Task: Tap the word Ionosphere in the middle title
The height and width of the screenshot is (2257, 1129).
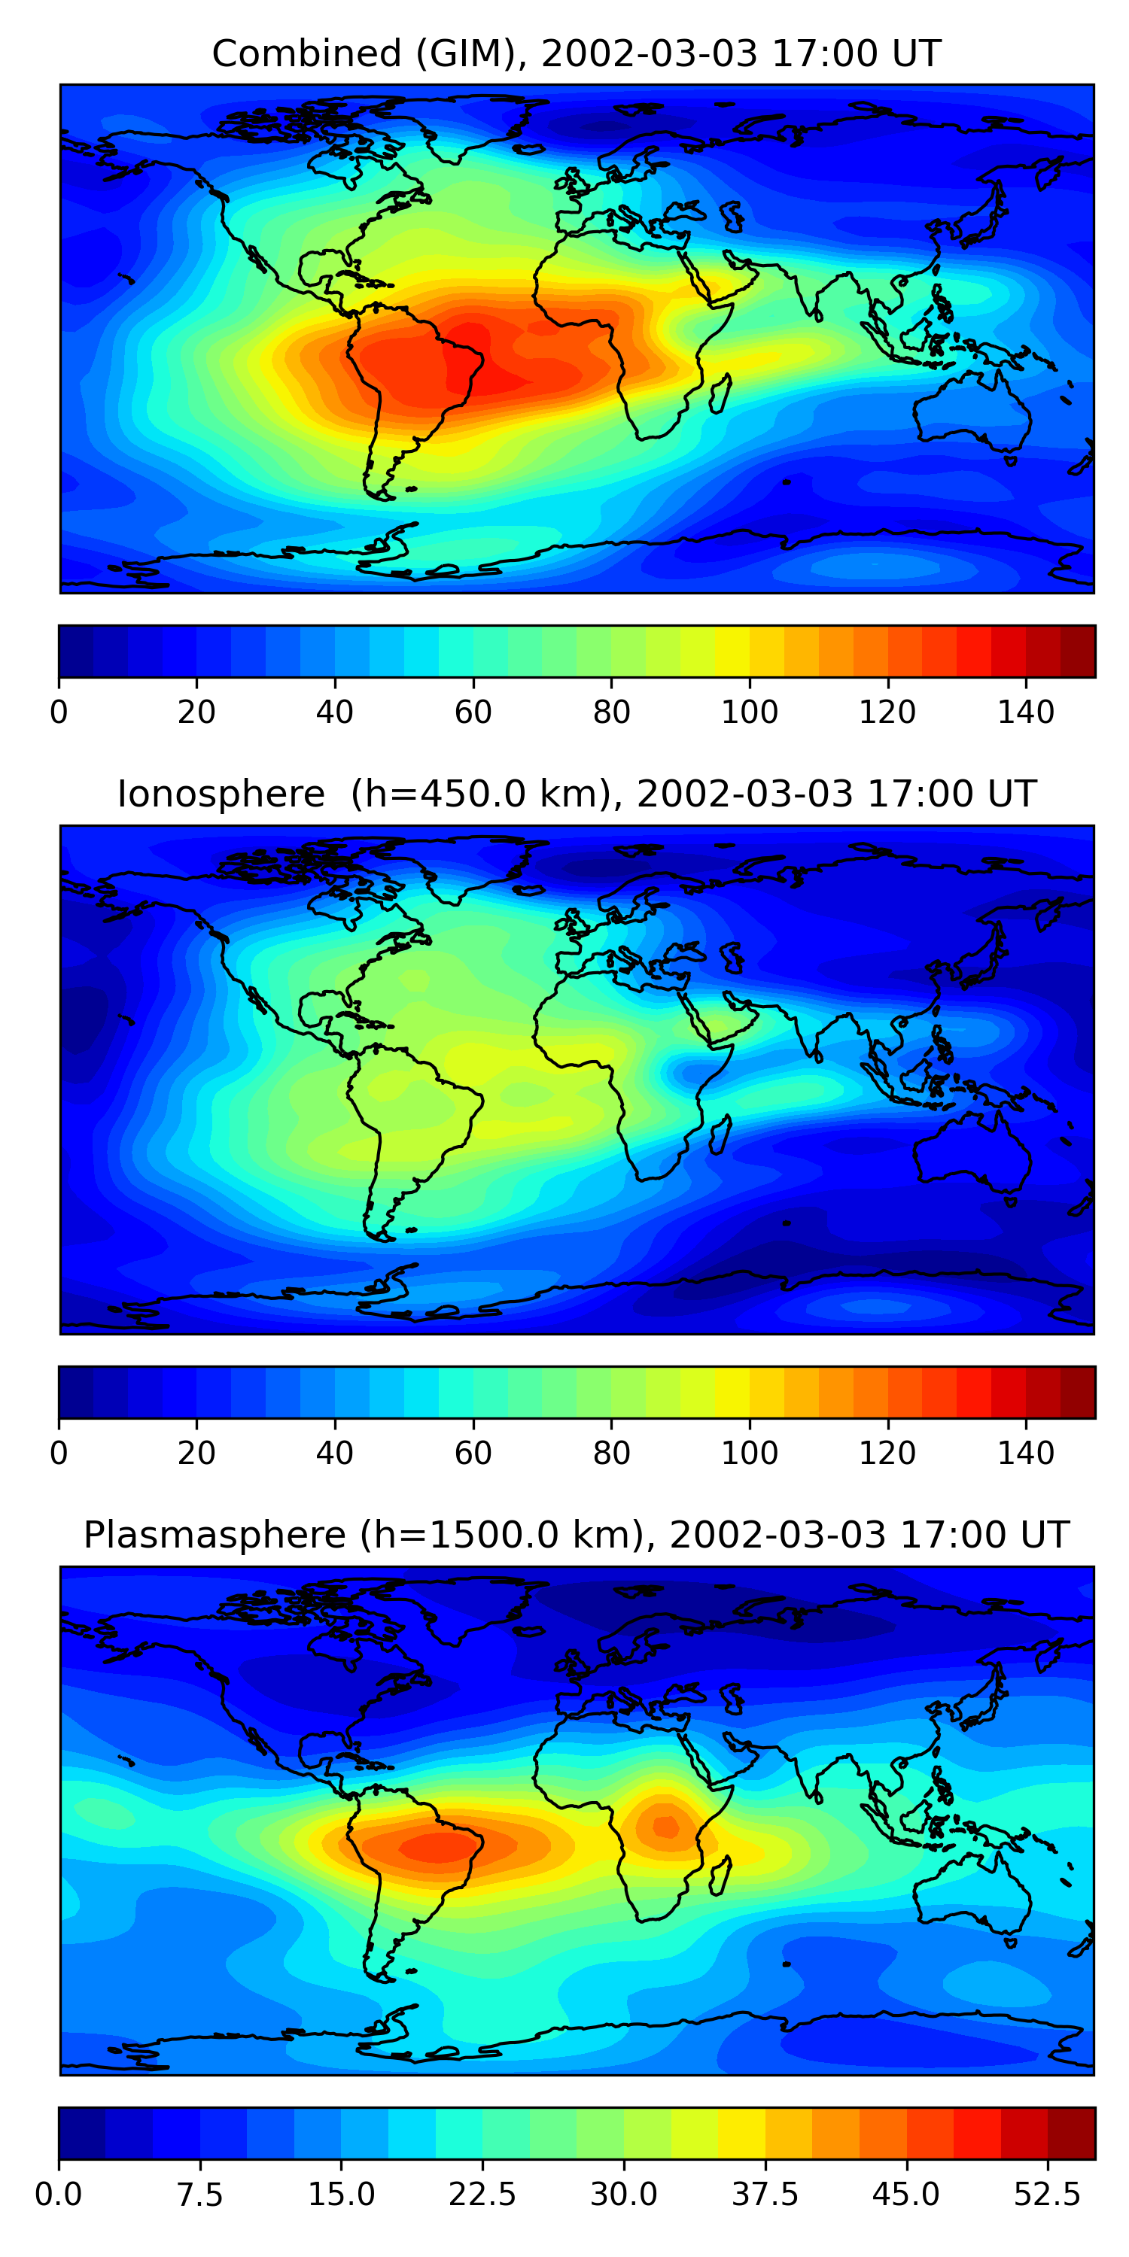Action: [221, 794]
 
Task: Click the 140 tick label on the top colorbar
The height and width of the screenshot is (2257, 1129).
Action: [1026, 712]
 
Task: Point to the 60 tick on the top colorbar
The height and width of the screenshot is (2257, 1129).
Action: [473, 712]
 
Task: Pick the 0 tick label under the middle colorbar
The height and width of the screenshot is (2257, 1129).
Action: [59, 1454]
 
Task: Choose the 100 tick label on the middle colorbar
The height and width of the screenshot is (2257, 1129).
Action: [750, 1454]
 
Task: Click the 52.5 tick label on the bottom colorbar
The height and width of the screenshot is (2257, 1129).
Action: [1048, 2195]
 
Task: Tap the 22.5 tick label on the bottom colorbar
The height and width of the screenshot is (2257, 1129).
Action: [482, 2195]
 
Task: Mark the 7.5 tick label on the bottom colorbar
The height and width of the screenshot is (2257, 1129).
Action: [200, 2195]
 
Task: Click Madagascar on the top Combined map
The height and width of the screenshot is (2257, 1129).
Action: [720, 394]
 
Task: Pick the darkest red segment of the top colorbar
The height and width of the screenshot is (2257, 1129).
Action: [1077, 651]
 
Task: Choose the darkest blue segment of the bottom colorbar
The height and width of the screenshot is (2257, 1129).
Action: [81, 2134]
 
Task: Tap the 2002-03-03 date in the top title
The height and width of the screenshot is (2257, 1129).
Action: [649, 54]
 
